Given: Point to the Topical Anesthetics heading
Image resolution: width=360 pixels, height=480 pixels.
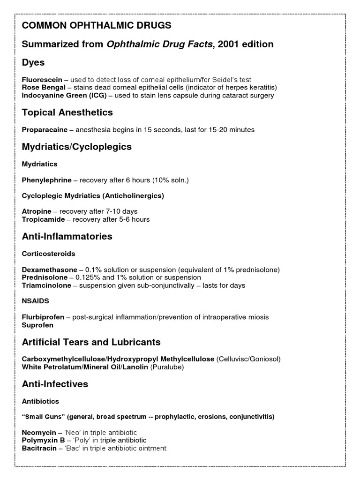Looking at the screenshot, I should tap(67, 112).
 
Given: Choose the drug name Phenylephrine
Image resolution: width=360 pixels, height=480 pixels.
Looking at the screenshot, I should tap(47, 180).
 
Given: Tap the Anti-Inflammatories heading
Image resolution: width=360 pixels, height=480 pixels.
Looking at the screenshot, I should tap(67, 236).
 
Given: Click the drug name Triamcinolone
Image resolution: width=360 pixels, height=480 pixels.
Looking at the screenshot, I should tap(46, 285).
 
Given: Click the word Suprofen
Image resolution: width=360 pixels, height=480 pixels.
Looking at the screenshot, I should tap(38, 325).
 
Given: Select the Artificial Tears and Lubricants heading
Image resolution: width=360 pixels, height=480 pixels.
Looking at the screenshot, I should tap(91, 342).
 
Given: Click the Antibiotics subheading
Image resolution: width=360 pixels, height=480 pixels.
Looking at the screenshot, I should tap(40, 401).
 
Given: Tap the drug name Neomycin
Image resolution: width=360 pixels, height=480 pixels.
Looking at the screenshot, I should tap(39, 433).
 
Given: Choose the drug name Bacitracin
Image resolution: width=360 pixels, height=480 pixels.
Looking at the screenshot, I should tap(40, 448).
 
